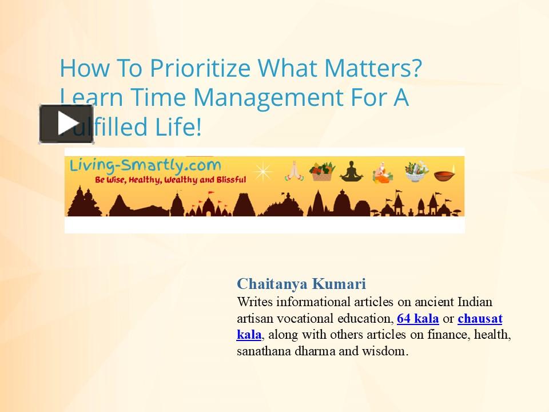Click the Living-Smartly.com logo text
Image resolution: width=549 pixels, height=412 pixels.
tap(145, 165)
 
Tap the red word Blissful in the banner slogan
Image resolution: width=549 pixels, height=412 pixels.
tap(229, 180)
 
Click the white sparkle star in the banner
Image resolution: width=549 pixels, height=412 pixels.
tap(263, 171)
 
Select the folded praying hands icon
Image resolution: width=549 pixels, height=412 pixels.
tap(293, 170)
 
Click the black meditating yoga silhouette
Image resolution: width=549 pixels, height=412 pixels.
tap(351, 171)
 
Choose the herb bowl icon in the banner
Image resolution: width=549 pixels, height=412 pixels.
tap(416, 171)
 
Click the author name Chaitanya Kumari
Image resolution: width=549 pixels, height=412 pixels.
tap(301, 284)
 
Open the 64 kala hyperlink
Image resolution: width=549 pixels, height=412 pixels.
tap(417, 318)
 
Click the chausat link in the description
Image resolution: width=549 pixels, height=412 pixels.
tap(480, 318)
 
